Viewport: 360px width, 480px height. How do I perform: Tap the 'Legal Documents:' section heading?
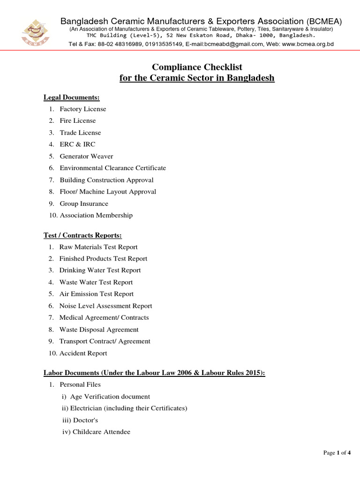pyautogui.click(x=72, y=97)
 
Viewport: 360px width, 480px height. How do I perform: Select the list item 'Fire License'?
pyautogui.click(x=77, y=121)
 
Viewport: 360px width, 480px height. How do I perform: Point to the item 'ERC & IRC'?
pyautogui.click(x=77, y=144)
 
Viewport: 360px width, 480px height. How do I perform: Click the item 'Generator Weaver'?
pyautogui.click(x=86, y=156)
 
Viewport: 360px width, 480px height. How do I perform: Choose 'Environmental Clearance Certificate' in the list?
pyautogui.click(x=112, y=168)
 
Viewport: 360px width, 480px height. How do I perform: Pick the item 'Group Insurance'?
pyautogui.click(x=84, y=203)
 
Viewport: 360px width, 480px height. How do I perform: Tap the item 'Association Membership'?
pyautogui.click(x=96, y=215)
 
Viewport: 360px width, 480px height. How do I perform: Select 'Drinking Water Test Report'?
pyautogui.click(x=100, y=270)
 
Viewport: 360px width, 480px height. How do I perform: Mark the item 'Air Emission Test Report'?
pyautogui.click(x=97, y=294)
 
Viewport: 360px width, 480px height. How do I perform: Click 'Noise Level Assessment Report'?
pyautogui.click(x=105, y=306)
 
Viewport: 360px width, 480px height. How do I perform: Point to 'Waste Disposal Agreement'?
pyautogui.click(x=99, y=330)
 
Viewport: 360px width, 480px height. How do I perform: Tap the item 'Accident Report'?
pyautogui.click(x=83, y=353)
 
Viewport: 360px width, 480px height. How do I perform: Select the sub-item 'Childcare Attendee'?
pyautogui.click(x=100, y=432)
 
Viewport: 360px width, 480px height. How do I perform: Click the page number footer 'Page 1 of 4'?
pyautogui.click(x=337, y=453)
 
